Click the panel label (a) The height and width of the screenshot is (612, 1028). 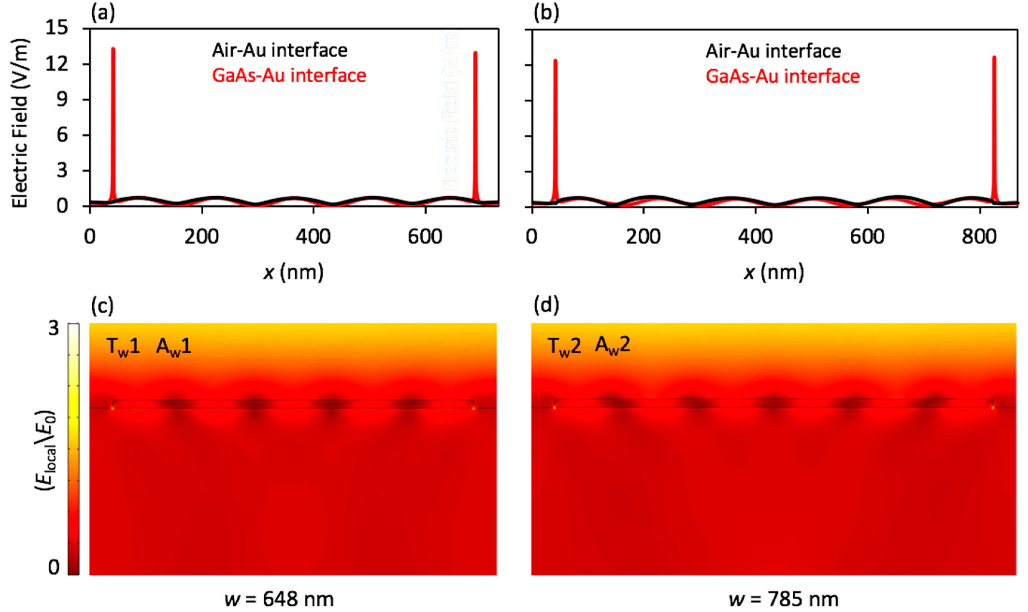[103, 14]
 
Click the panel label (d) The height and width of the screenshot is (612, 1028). [546, 306]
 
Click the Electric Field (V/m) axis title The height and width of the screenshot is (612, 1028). [20, 123]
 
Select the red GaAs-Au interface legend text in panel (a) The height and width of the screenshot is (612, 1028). [289, 75]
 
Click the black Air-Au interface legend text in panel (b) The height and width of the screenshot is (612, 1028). [773, 51]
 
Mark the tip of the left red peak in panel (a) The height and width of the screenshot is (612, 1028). [113, 49]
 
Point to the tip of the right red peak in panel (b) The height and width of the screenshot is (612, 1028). [994, 57]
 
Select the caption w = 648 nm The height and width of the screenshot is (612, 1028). [279, 599]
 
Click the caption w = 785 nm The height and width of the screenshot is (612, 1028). [783, 599]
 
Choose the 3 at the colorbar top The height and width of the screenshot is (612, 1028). [54, 329]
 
